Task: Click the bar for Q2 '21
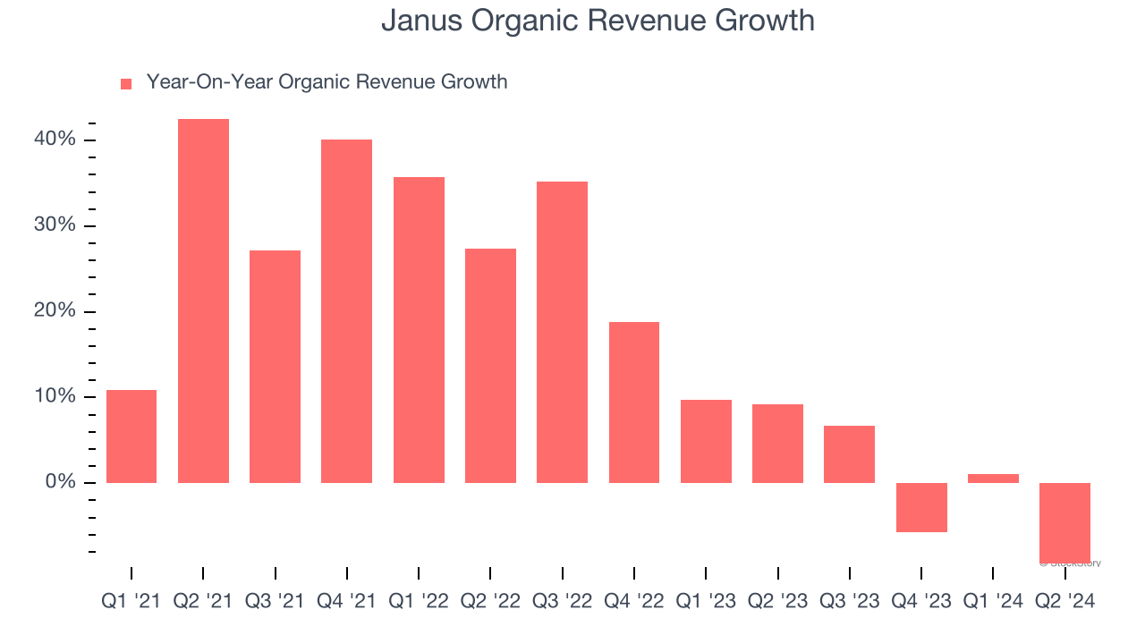(x=203, y=301)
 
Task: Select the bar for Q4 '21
(x=347, y=311)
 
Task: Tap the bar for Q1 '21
(x=131, y=436)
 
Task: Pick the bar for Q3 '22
(x=562, y=332)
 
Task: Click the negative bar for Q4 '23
(x=921, y=507)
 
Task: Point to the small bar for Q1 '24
(x=993, y=479)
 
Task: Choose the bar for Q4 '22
(x=634, y=402)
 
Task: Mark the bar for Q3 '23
(x=849, y=454)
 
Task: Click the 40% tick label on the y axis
(x=55, y=140)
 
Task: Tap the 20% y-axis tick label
(x=55, y=311)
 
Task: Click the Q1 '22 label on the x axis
(x=419, y=601)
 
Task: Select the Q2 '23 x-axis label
(x=777, y=601)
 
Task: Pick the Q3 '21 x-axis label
(x=275, y=601)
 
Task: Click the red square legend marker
(x=126, y=83)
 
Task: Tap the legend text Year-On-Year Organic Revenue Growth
(x=327, y=82)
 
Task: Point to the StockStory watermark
(x=1071, y=563)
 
